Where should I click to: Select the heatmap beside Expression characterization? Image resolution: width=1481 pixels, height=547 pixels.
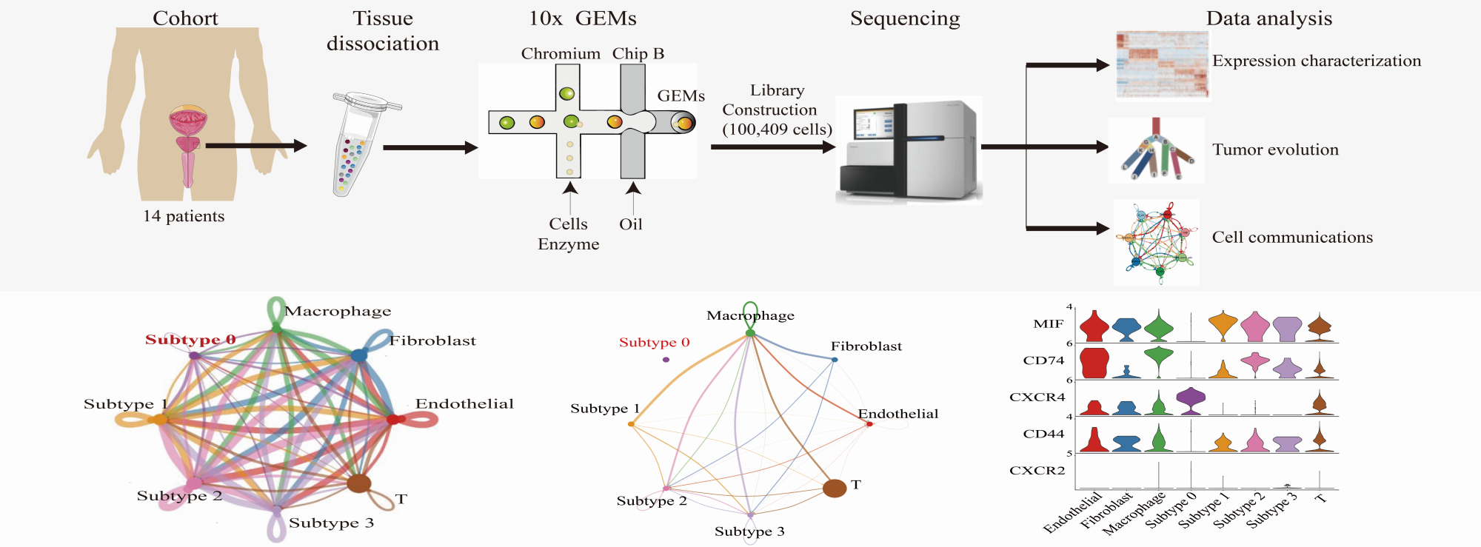coord(1162,65)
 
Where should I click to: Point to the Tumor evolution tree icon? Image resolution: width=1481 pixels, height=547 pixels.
coord(1156,150)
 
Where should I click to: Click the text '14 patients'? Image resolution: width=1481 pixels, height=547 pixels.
coord(184,216)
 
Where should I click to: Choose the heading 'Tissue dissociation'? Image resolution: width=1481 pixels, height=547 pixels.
coord(383,31)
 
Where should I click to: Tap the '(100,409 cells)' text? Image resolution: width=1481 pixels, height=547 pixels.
coord(777,130)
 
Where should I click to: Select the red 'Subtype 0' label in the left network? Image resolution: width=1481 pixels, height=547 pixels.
coord(190,340)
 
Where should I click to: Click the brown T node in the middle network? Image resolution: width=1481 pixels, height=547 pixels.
coord(835,488)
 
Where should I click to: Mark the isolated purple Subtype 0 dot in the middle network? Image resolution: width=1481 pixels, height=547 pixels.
coord(666,360)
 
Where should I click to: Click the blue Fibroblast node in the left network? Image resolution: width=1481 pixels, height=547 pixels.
coord(360,356)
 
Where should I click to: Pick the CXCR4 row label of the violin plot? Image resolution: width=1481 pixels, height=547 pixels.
coord(1037,397)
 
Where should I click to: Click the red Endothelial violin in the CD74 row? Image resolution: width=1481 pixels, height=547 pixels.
coord(1094,363)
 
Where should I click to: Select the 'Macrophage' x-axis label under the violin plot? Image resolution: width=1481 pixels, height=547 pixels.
coord(1134,512)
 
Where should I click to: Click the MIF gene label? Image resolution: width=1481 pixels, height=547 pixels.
coord(1048,324)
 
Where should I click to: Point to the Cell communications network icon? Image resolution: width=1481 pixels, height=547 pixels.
coord(1156,242)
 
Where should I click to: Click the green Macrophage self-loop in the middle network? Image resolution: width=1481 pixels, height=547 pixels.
coord(750,311)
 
